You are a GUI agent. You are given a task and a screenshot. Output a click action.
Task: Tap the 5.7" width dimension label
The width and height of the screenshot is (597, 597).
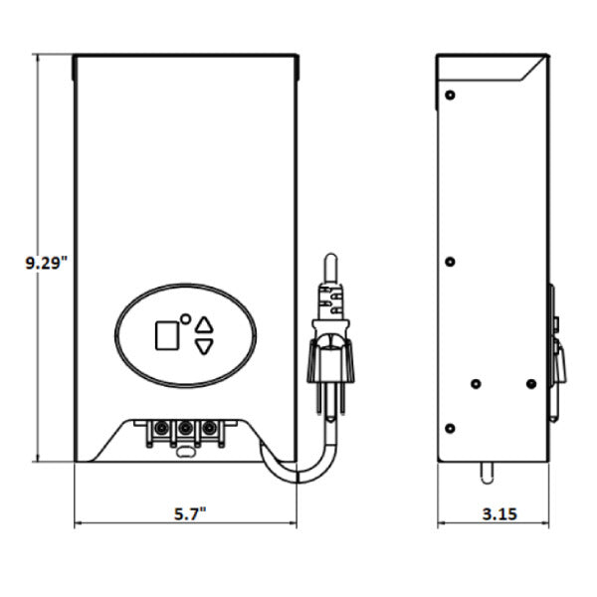tap(190, 514)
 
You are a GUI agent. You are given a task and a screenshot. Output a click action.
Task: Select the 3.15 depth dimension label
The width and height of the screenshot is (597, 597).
tap(499, 514)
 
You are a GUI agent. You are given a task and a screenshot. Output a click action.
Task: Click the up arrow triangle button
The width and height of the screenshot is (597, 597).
tap(204, 324)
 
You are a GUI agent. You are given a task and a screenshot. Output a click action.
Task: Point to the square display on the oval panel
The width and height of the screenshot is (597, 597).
tap(167, 335)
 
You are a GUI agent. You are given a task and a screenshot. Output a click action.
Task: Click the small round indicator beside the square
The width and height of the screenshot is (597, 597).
tap(185, 319)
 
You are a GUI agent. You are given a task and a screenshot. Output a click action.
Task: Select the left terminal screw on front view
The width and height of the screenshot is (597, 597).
tap(160, 428)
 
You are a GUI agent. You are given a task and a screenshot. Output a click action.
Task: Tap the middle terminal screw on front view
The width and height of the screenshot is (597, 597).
tap(185, 428)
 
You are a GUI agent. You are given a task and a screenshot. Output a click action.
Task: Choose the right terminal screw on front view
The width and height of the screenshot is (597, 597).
tap(209, 428)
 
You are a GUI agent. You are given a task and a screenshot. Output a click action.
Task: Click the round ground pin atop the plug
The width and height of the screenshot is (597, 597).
tap(330, 268)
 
